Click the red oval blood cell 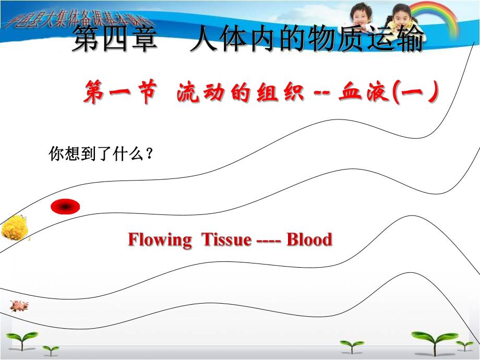pyautogui.click(x=65, y=207)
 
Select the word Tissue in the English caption pyautogui.click(x=226, y=240)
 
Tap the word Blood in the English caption pyautogui.click(x=309, y=240)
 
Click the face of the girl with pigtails pyautogui.click(x=401, y=18)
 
